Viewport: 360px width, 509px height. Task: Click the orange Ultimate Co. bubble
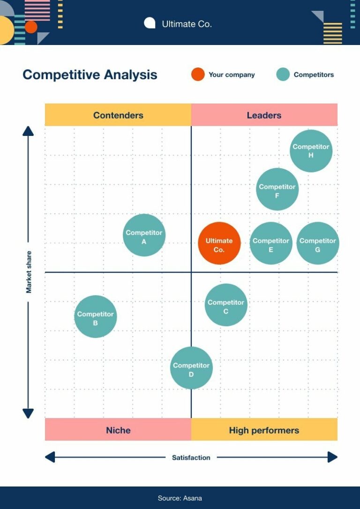[219, 243]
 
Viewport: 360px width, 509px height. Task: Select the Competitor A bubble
[144, 235]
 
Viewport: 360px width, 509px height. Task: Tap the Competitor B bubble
[95, 316]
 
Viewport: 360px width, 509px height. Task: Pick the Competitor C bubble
[226, 305]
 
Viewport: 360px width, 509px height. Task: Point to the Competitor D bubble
[191, 368]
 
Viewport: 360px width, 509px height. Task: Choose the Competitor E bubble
[271, 243]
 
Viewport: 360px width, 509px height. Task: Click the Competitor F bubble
[277, 189]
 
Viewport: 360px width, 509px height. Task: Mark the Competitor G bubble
[318, 243]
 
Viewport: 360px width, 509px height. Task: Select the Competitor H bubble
[311, 151]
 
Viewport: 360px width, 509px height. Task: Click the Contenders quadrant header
[118, 115]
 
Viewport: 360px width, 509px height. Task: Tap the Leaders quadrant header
[264, 115]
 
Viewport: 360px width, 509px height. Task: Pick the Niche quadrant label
[118, 430]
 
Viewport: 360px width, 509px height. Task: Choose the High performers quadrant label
[264, 430]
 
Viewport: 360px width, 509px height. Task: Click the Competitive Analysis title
[90, 75]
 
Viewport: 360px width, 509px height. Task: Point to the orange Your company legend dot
[198, 75]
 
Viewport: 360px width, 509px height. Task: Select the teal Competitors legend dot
[283, 75]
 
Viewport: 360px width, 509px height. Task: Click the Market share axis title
[29, 272]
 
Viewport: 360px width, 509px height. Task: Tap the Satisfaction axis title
[191, 457]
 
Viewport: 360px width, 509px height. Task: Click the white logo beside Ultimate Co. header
[150, 23]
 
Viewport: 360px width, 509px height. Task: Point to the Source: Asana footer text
[180, 498]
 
